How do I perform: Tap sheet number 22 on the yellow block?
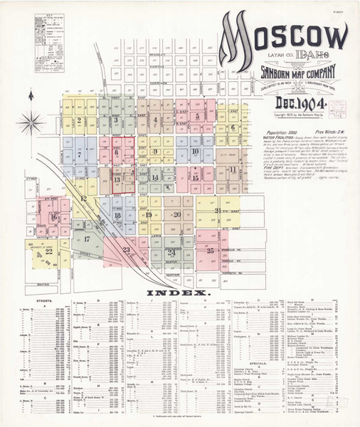point(48,251)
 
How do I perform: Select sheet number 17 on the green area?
point(87,239)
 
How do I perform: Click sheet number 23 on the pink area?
point(126,249)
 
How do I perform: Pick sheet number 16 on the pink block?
point(53,217)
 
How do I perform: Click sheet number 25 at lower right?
point(210,251)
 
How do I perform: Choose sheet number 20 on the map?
point(175,214)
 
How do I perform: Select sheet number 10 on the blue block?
point(194,151)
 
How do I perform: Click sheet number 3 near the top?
point(116,120)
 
